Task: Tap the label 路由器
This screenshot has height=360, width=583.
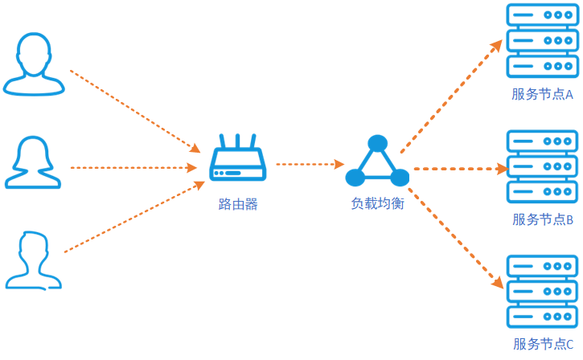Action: point(238,204)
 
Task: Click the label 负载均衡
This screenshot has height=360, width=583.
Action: point(377,203)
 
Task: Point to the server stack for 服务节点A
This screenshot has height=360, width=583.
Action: point(543,40)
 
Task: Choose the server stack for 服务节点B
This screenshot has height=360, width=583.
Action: point(543,166)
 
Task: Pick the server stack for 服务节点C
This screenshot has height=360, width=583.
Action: point(543,292)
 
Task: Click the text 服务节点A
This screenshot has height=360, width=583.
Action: point(542,94)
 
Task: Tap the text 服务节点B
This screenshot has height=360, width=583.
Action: point(543,219)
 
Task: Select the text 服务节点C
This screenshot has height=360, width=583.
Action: point(543,344)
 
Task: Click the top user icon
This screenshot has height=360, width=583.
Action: point(34,64)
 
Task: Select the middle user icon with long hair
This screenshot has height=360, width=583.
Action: point(33,162)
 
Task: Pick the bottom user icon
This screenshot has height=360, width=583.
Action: point(34,260)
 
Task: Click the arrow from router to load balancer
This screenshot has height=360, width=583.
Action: point(310,164)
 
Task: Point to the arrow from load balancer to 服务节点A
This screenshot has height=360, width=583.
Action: point(451,96)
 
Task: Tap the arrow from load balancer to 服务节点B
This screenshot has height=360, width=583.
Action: point(462,169)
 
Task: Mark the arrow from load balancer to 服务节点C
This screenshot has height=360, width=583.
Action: point(456,238)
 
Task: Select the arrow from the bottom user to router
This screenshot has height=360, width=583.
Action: point(134,217)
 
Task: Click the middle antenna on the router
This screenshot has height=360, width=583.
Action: point(237,141)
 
